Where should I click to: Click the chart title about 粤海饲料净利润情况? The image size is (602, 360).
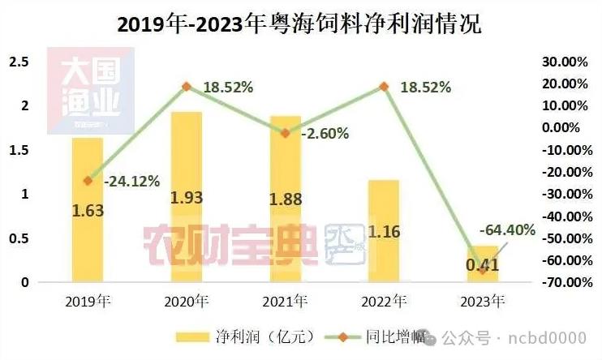(300, 24)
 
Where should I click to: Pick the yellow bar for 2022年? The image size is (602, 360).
(384, 243)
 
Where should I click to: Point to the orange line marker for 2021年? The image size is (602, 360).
(285, 133)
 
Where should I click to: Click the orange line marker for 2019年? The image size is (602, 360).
(88, 181)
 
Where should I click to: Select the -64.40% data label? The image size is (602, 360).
(507, 230)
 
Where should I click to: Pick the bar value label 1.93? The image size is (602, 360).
(186, 198)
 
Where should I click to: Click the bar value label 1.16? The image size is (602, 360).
(384, 233)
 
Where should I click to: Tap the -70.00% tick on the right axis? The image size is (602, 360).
(562, 282)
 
